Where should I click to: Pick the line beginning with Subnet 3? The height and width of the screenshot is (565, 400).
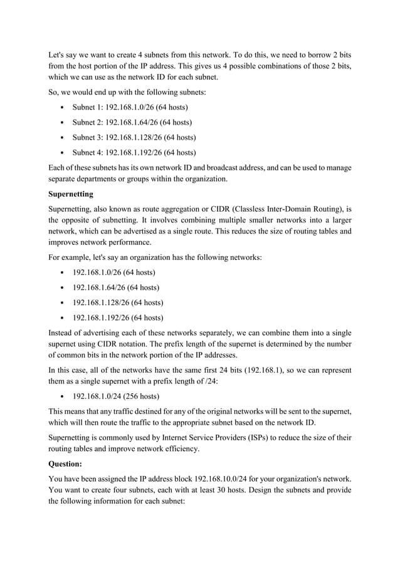[134, 137]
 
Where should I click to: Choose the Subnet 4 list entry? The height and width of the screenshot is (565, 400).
[134, 152]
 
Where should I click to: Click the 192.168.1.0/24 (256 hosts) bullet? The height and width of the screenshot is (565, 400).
[116, 397]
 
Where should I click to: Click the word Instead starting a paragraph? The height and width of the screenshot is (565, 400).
[63, 332]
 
